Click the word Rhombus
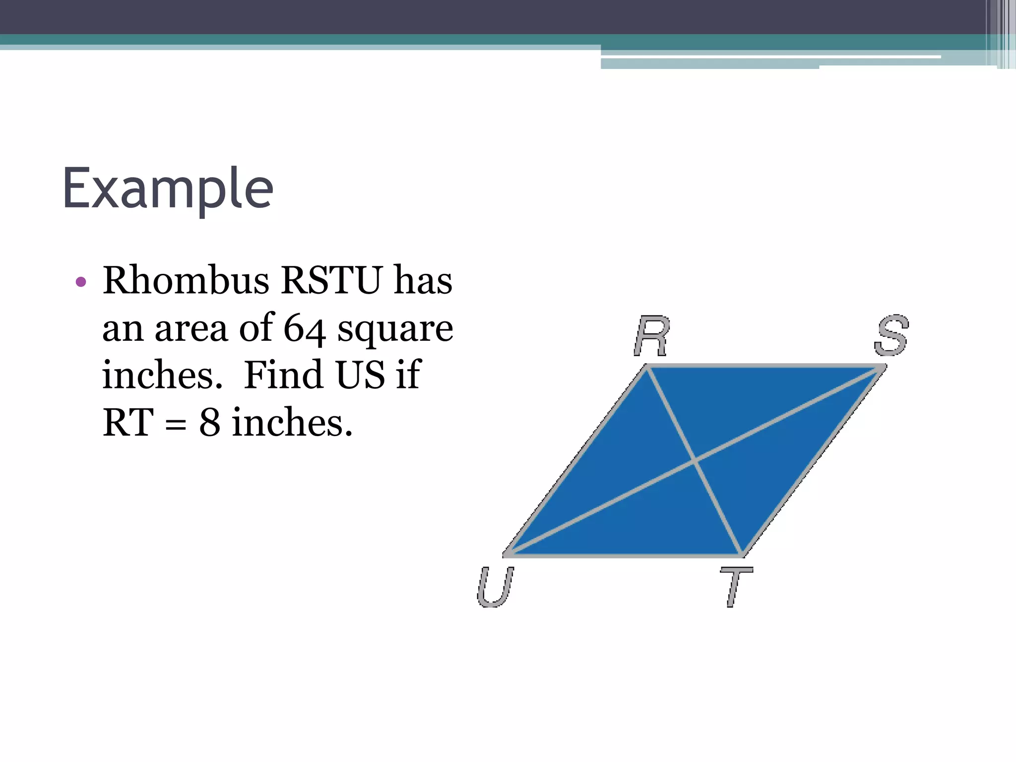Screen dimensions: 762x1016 [186, 280]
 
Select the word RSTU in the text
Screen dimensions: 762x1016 [332, 280]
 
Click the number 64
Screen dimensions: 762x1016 [304, 328]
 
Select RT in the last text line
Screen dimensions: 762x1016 [127, 423]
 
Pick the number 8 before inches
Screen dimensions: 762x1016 [209, 423]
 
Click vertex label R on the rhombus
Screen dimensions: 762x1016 [652, 336]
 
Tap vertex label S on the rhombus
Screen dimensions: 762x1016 [891, 335]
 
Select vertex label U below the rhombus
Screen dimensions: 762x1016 [495, 587]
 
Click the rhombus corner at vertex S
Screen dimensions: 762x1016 [883, 367]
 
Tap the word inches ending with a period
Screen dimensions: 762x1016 [292, 423]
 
